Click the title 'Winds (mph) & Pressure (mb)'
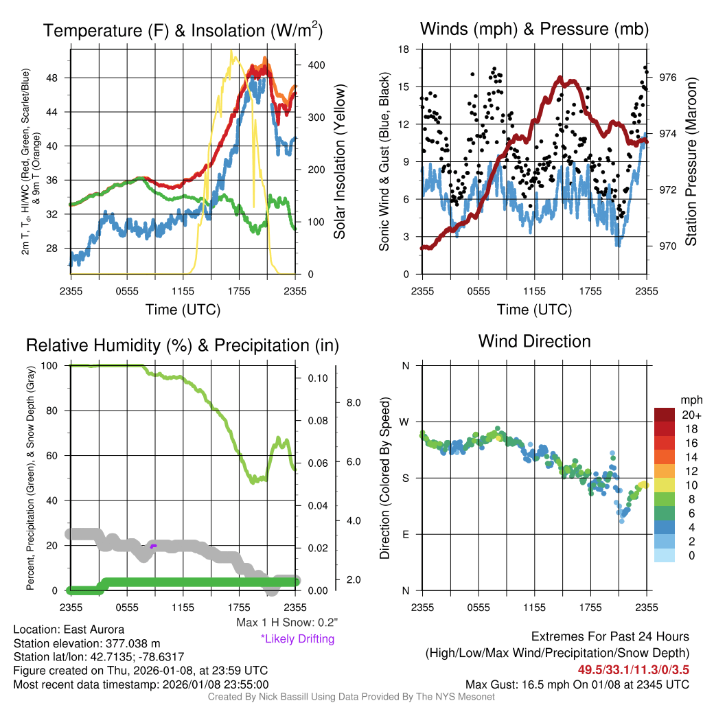pos(534,29)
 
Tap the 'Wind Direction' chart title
pos(534,341)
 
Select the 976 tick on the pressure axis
pos(668,78)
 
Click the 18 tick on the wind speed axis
pos(404,49)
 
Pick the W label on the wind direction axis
pos(405,422)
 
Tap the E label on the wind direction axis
pos(406,534)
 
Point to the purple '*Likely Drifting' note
pos(297,638)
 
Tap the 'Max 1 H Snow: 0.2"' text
pos(286,623)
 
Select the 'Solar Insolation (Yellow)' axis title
pos(340,162)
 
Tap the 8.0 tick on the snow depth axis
pos(352,402)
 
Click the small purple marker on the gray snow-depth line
pos(154,546)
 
